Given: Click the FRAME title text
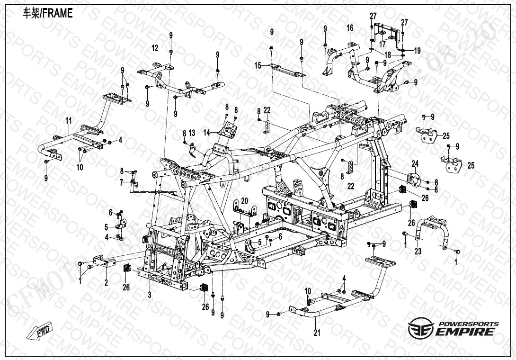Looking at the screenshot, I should point(48,13).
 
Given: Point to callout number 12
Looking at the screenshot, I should point(155,48).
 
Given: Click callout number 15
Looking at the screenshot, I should point(258,65).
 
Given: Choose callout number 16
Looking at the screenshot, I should point(350,28).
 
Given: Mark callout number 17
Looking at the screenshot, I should point(383,44).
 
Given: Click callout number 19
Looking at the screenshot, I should point(417,50).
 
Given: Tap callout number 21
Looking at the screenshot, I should point(317,333).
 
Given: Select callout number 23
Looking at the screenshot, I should point(418,252).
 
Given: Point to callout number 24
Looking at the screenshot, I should point(415,164).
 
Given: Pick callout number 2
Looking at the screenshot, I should point(106,283).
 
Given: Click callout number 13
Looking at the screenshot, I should point(192,132).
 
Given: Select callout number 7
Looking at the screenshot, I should point(121,182).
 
